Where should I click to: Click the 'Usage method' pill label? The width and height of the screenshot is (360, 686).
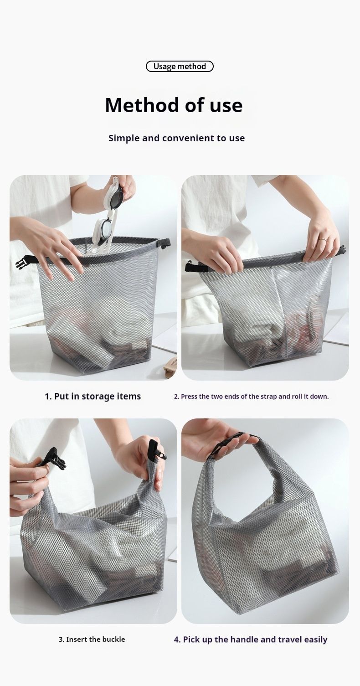[x=180, y=66]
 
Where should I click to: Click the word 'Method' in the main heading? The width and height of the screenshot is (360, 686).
[x=142, y=105]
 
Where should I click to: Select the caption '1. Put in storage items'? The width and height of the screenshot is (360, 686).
[x=93, y=396]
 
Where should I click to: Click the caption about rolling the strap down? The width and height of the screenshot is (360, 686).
[x=252, y=396]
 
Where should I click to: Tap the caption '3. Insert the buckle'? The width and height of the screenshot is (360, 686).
[x=92, y=639]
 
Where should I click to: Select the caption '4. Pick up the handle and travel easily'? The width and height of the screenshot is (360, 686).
[x=251, y=640]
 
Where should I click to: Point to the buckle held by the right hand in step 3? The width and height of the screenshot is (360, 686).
[x=157, y=450]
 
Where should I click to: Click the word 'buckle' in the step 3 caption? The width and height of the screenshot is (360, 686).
[x=113, y=639]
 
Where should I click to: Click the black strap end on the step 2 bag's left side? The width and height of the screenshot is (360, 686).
[x=196, y=268]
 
